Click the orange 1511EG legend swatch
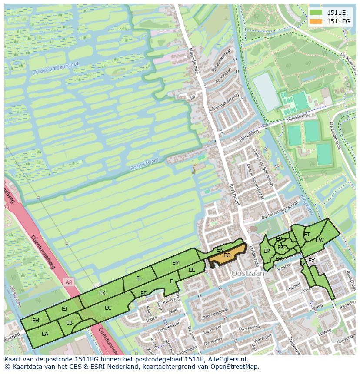click(x=317, y=21)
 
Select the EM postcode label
click(x=176, y=263)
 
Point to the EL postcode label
click(x=139, y=278)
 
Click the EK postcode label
click(x=102, y=293)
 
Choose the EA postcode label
click(x=45, y=334)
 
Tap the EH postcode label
click(x=36, y=321)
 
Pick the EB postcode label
click(x=69, y=323)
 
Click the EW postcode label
click(x=320, y=240)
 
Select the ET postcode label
click(x=307, y=235)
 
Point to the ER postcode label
click(x=267, y=251)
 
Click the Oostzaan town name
click(x=248, y=274)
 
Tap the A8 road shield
click(x=69, y=282)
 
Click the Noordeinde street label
click(x=193, y=60)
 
